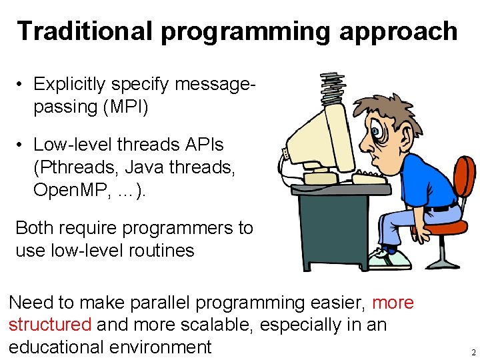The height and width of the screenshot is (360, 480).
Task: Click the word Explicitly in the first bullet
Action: point(69,84)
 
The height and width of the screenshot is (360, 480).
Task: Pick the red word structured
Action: point(50,325)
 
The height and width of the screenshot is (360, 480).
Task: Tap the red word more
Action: point(393,303)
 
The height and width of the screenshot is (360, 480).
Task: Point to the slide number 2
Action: point(473,352)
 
